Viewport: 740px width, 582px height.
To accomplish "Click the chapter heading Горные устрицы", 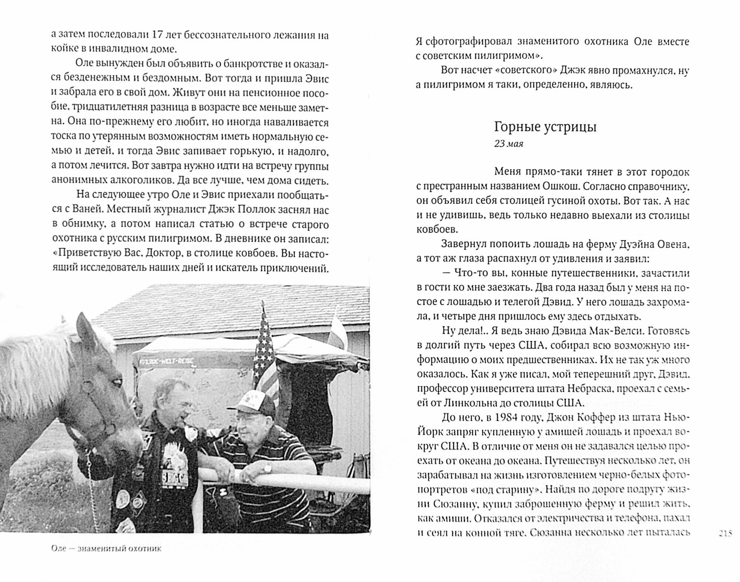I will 545,127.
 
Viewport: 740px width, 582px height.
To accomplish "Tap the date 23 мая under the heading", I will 508,144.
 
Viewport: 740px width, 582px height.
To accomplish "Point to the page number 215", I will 725,533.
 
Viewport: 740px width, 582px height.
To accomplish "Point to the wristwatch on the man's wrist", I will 268,468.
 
